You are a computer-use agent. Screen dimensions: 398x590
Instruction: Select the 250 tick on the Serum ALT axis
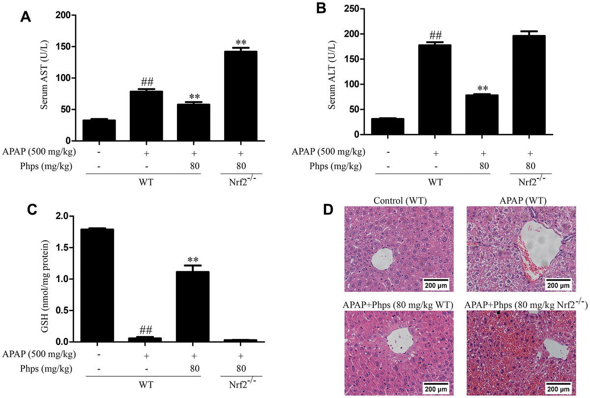coord(352,8)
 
